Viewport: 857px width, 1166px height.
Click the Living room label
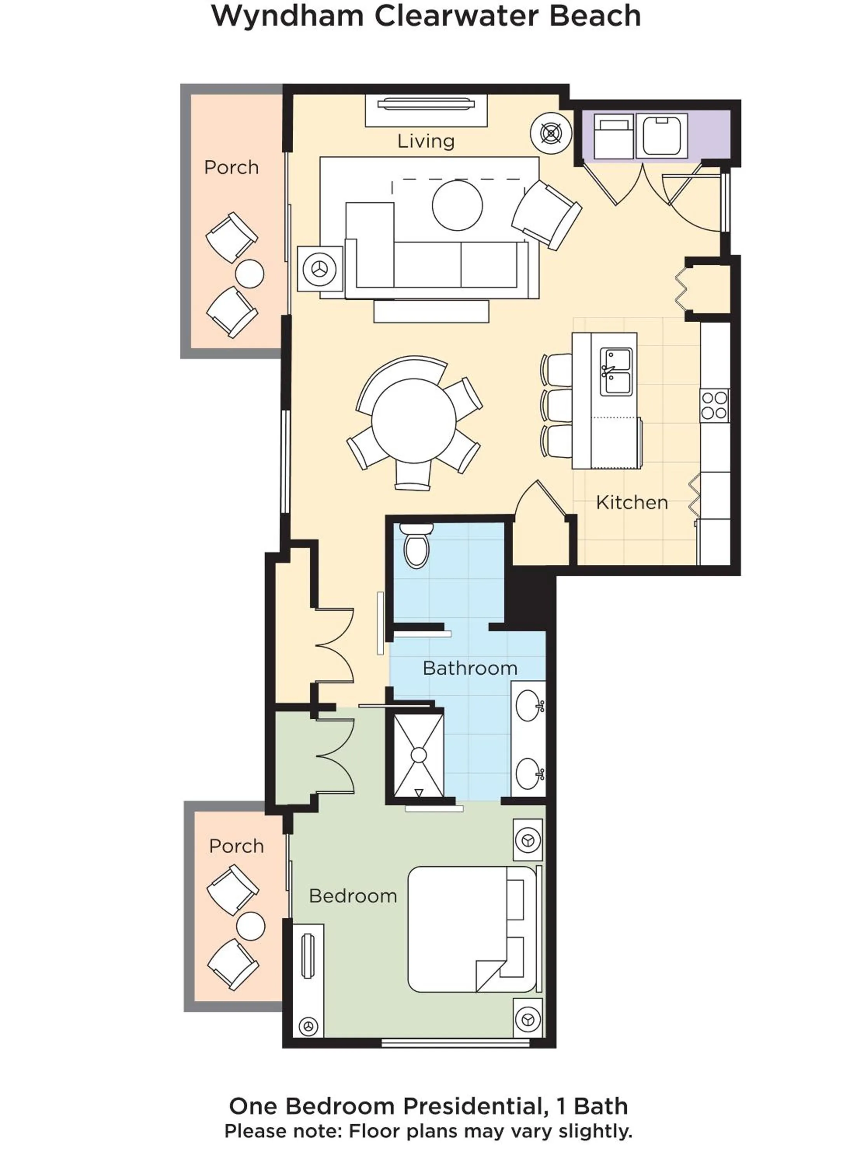[x=425, y=141]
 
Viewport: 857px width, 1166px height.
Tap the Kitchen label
[x=631, y=502]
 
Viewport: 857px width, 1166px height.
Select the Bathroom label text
[x=469, y=668]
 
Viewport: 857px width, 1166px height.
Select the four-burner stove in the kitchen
[x=714, y=406]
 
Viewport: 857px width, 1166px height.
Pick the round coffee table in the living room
[x=457, y=206]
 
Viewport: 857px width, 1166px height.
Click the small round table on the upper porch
[x=249, y=274]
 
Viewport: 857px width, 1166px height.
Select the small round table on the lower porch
[x=251, y=926]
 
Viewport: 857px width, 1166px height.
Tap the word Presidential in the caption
[x=471, y=1106]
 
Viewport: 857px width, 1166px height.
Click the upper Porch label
[x=232, y=168]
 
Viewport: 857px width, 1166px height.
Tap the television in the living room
[x=426, y=104]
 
